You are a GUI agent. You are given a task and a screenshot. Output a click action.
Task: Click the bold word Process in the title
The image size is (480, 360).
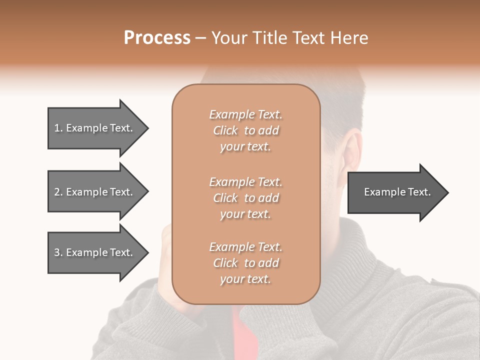coord(157,38)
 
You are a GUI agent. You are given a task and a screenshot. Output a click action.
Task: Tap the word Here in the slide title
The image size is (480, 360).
coord(349,38)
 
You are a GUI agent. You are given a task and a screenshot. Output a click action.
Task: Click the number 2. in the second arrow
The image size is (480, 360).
coord(58,192)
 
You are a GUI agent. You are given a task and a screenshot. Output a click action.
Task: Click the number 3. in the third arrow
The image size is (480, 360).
coord(58,252)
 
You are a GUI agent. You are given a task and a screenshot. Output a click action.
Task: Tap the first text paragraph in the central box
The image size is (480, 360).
coord(245,130)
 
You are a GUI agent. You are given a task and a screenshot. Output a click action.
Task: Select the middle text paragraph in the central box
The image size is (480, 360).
coord(245,198)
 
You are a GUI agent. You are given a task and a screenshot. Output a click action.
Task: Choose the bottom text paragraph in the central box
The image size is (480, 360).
coord(245,263)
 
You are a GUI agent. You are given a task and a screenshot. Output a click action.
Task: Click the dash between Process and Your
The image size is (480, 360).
coord(200,38)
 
